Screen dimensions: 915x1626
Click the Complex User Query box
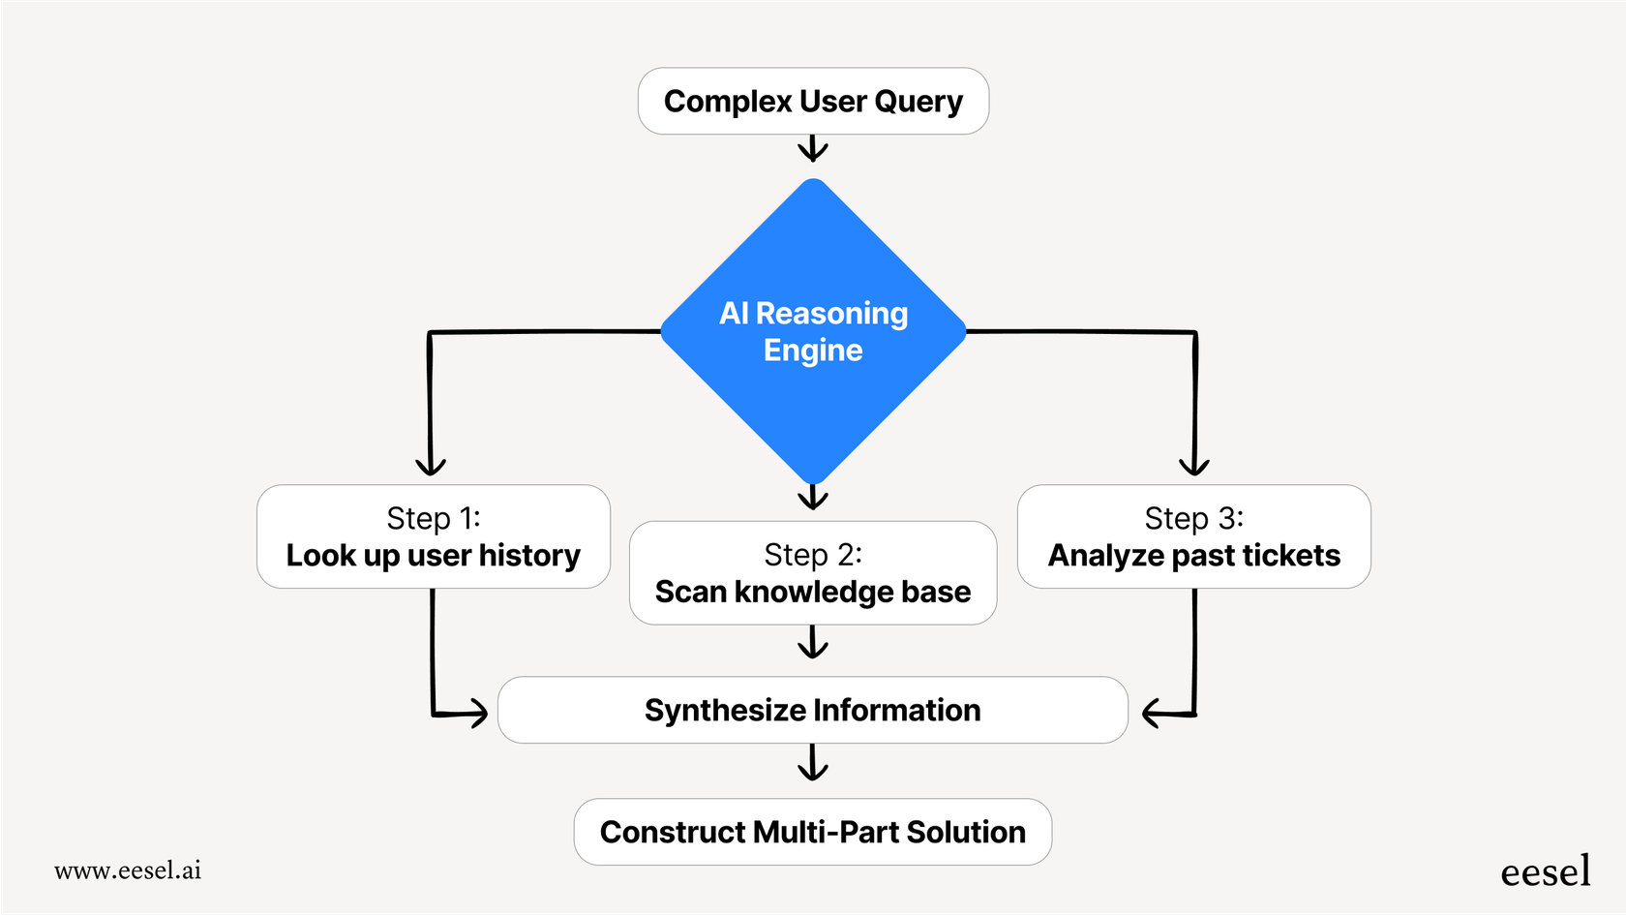pos(813,102)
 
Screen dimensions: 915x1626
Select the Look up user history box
pos(433,536)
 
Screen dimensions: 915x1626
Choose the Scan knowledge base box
pos(813,573)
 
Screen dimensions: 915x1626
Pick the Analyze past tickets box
pos(1193,536)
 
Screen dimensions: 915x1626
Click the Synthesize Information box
pos(813,710)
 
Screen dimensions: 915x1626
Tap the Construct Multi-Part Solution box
pos(813,832)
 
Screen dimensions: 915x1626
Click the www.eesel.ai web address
pos(128,870)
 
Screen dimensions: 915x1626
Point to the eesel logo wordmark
pos(1545,871)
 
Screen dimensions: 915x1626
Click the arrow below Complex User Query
pos(813,149)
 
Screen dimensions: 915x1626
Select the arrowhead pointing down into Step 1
pos(430,466)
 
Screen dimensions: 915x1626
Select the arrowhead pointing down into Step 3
pos(1194,466)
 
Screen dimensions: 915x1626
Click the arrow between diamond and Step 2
pos(813,498)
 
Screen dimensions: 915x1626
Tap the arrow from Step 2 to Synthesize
pos(813,643)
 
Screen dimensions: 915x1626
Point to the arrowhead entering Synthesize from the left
pos(477,714)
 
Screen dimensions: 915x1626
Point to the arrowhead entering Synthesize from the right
pos(1153,714)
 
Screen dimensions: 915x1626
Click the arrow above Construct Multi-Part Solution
pos(813,764)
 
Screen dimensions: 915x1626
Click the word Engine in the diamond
pos(813,351)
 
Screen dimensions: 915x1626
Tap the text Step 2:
pos(813,555)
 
